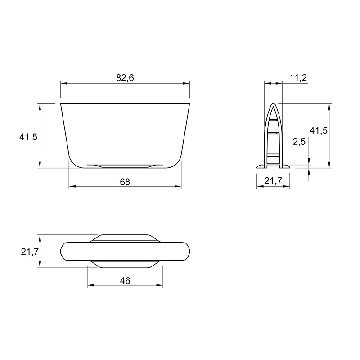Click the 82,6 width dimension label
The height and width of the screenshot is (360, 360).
(125, 78)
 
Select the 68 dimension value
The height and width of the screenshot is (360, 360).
(125, 182)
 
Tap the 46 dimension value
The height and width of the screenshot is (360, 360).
(125, 281)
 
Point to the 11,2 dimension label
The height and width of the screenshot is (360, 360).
(298, 78)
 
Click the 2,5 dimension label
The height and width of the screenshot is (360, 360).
(299, 142)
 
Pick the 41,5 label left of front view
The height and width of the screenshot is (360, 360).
(28, 137)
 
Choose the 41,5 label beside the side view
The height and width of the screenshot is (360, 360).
(319, 130)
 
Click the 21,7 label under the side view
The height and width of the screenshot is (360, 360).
(273, 181)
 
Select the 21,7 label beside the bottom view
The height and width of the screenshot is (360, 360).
(30, 252)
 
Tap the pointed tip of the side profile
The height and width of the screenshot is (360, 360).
(273, 104)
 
